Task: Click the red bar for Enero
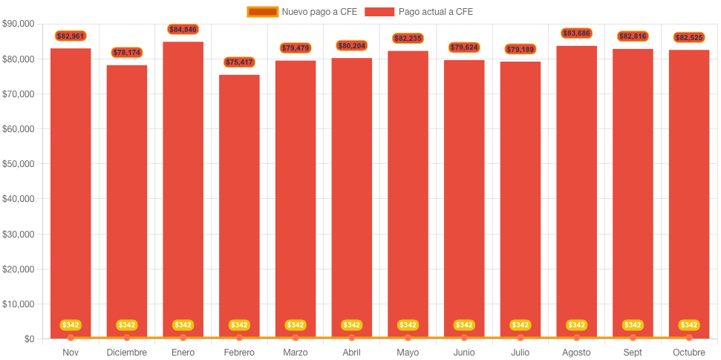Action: [x=183, y=186]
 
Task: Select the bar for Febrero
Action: [x=239, y=200]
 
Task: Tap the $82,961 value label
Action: [x=71, y=36]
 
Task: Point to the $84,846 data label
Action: [x=183, y=29]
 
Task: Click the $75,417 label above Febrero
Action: [x=239, y=62]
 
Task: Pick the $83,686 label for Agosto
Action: [x=576, y=33]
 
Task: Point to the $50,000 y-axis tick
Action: [x=19, y=164]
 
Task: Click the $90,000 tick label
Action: [x=19, y=24]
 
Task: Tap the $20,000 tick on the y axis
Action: [x=19, y=269]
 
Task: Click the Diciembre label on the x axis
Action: [x=127, y=352]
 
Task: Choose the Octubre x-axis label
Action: [x=688, y=352]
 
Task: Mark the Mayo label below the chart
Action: [x=408, y=352]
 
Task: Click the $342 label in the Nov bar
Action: [x=71, y=325]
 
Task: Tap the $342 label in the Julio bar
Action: [x=520, y=325]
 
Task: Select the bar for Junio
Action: [x=464, y=193]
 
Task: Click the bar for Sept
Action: [x=633, y=186]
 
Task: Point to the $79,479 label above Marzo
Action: [x=296, y=48]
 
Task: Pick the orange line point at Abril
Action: [x=351, y=338]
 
